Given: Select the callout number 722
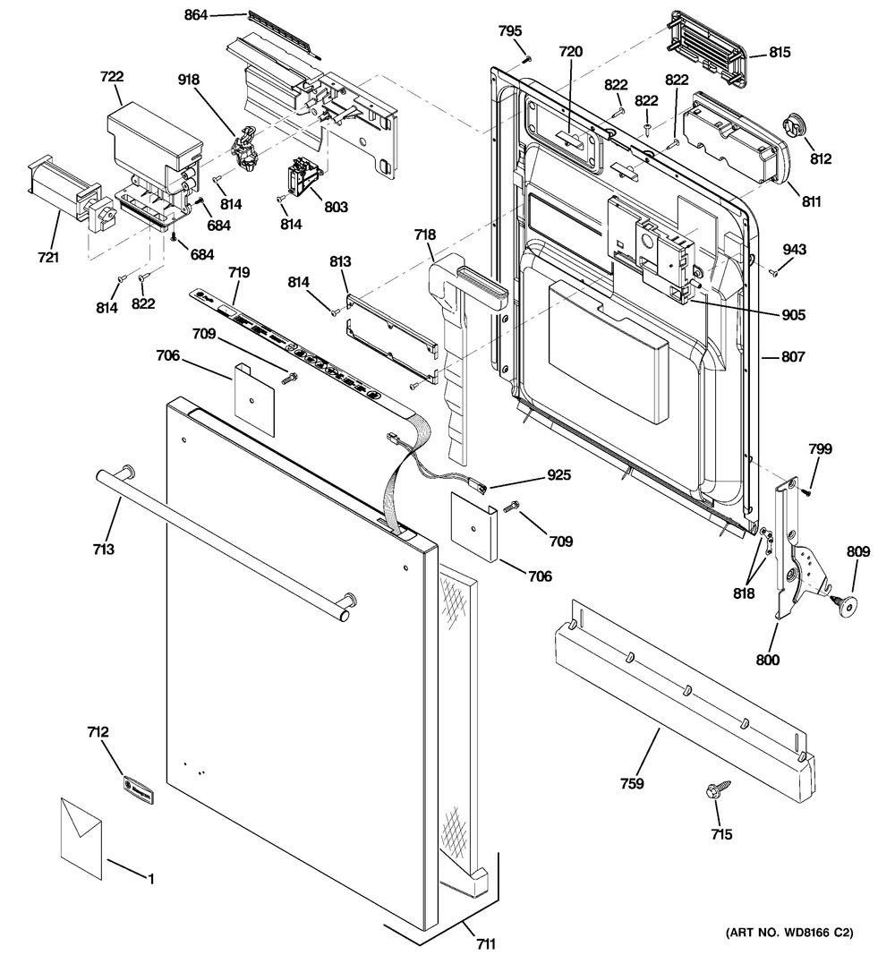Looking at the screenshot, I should point(112,78).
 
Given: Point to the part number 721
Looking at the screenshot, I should point(48,259).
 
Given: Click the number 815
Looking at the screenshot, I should point(779,53).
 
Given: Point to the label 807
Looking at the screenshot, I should point(793,357).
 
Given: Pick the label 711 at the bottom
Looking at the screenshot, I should point(485,942).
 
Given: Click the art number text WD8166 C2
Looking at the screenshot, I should point(789,934).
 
